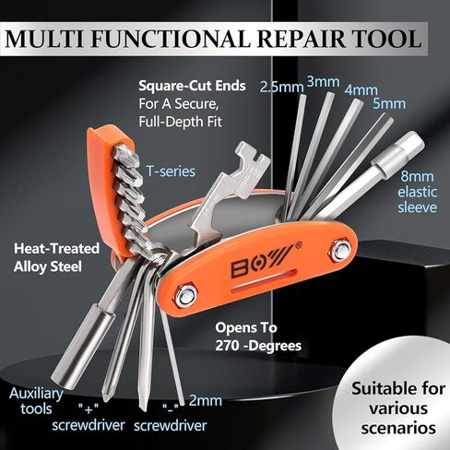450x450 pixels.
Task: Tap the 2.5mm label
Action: pyautogui.click(x=281, y=87)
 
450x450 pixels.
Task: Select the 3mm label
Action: pyautogui.click(x=324, y=82)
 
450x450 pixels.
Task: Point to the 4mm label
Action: pyautogui.click(x=361, y=90)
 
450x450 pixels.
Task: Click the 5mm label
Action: pyautogui.click(x=389, y=103)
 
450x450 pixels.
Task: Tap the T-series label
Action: pyautogui.click(x=171, y=172)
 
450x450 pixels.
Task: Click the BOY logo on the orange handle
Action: pyautogui.click(x=262, y=260)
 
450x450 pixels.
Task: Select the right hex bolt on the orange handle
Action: pyautogui.click(x=340, y=250)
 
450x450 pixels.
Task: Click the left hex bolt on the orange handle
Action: pyautogui.click(x=186, y=296)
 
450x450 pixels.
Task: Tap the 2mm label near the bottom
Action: pyautogui.click(x=206, y=400)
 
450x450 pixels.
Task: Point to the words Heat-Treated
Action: pyautogui.click(x=57, y=248)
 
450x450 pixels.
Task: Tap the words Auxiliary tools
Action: pyautogui.click(x=36, y=401)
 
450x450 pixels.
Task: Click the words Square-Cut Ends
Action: pyautogui.click(x=192, y=86)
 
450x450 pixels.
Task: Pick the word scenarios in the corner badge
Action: pyautogui.click(x=398, y=428)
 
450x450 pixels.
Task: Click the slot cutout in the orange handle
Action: pyautogui.click(x=265, y=280)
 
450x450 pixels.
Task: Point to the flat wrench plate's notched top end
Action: pyautogui.click(x=253, y=155)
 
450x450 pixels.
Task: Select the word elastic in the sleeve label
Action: pyautogui.click(x=417, y=192)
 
